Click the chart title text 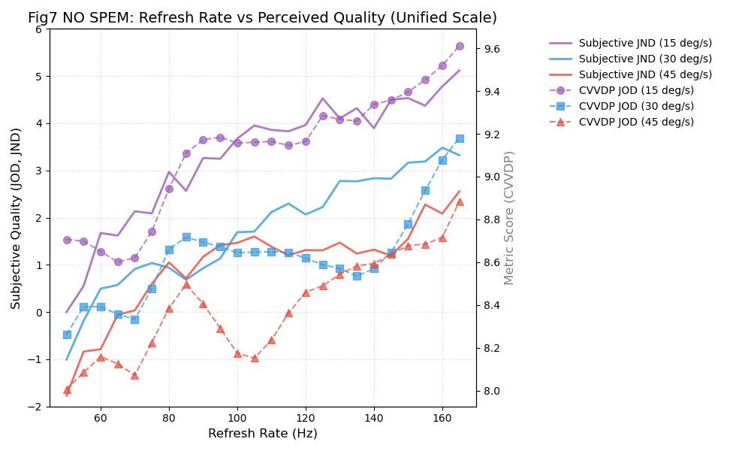(x=262, y=18)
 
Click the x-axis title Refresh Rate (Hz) (x=262, y=434)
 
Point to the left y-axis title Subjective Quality (x=17, y=218)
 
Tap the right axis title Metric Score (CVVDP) (x=509, y=218)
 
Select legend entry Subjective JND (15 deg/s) (x=645, y=44)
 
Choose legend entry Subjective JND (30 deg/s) (x=645, y=59)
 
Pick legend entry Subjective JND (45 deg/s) (x=645, y=75)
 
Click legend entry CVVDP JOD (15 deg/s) (x=636, y=91)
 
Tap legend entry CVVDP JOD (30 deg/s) (x=636, y=107)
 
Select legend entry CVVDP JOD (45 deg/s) (x=636, y=123)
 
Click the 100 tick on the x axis (x=237, y=417)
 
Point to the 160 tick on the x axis (x=442, y=417)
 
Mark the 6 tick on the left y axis (x=38, y=29)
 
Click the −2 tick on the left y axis (x=35, y=407)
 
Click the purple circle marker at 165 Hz (x=460, y=46)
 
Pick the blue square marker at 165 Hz (x=460, y=138)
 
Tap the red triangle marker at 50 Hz (x=67, y=389)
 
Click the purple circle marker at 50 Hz (x=67, y=240)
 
